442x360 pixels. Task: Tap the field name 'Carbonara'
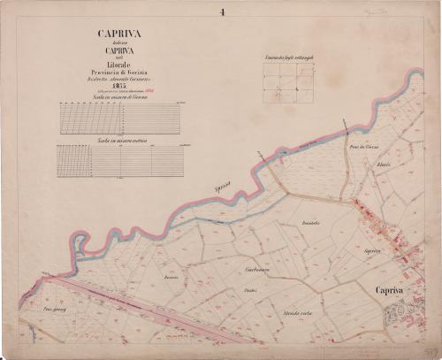tap(255, 267)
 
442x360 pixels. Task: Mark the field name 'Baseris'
tap(171, 278)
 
